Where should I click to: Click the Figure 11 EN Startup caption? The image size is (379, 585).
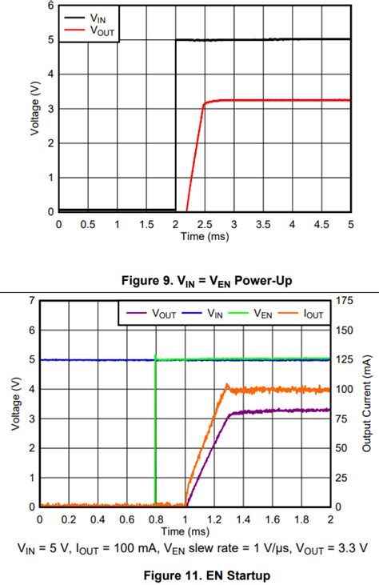(189, 575)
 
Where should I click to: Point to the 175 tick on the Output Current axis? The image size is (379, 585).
(343, 300)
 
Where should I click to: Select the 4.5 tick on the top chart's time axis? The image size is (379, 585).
(321, 223)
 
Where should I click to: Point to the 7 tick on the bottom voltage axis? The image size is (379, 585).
(32, 300)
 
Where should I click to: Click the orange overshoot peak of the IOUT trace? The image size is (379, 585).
(226, 385)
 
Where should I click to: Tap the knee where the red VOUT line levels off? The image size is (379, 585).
(205, 103)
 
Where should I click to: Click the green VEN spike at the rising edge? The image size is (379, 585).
(155, 356)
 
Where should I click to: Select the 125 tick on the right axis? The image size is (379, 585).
(343, 359)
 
